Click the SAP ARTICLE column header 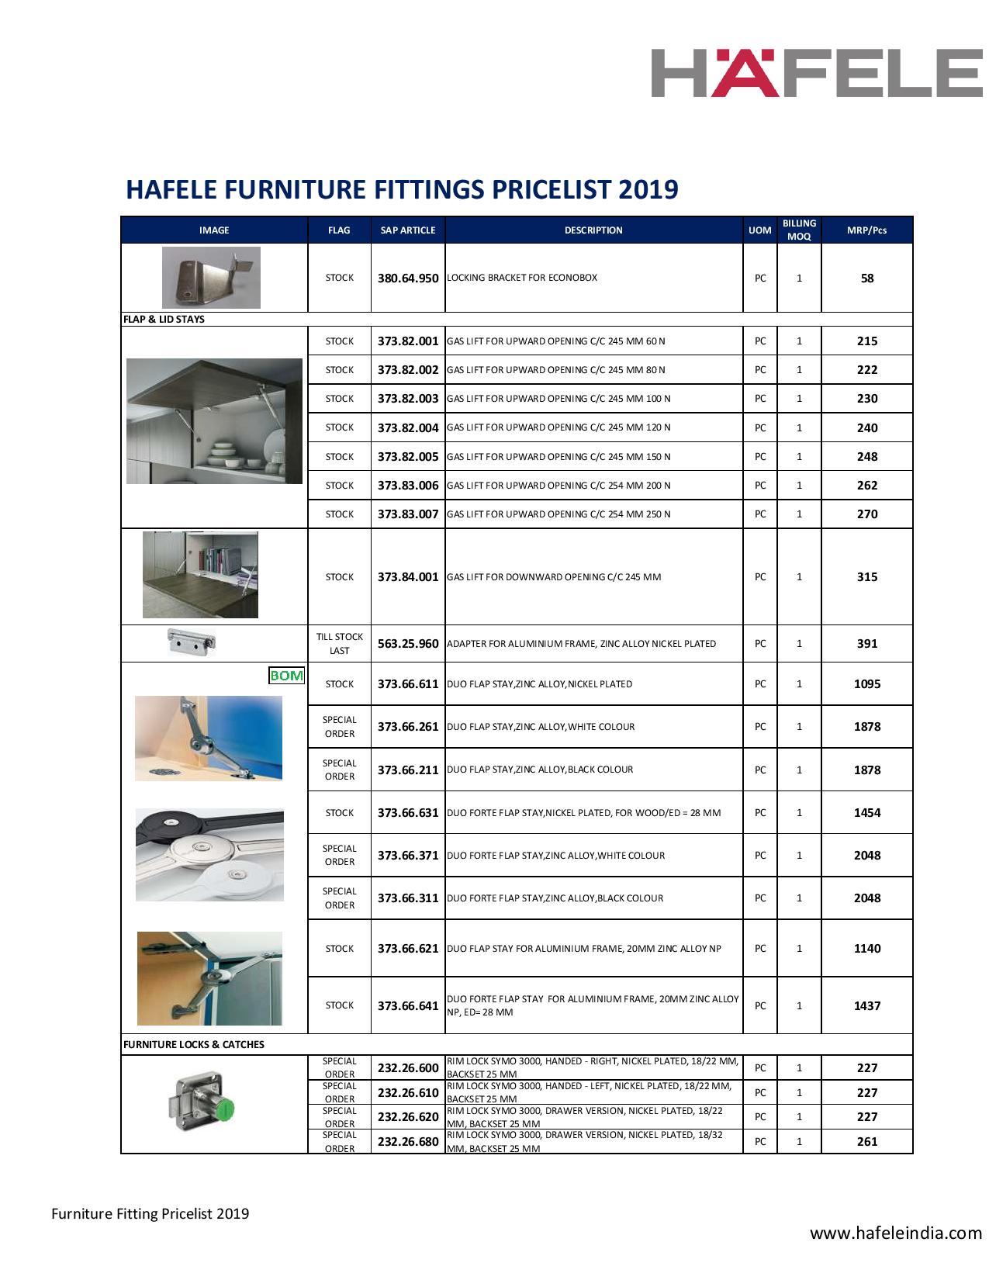[x=408, y=230]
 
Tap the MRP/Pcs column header [x=866, y=230]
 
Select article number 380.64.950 [x=408, y=278]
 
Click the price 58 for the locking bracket [x=866, y=278]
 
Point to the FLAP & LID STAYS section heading [x=164, y=319]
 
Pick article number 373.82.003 [x=408, y=399]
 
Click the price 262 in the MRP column [x=866, y=486]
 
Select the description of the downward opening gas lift [x=554, y=577]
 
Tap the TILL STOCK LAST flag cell [x=339, y=644]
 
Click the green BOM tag [x=286, y=676]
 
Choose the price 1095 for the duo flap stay [x=866, y=684]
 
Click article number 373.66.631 [x=408, y=813]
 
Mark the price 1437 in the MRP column [x=866, y=1005]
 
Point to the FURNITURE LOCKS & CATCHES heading [x=193, y=1044]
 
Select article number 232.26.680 [x=408, y=1142]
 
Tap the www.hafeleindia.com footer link [x=896, y=1233]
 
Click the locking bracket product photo [x=211, y=278]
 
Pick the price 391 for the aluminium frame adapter [x=866, y=644]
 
